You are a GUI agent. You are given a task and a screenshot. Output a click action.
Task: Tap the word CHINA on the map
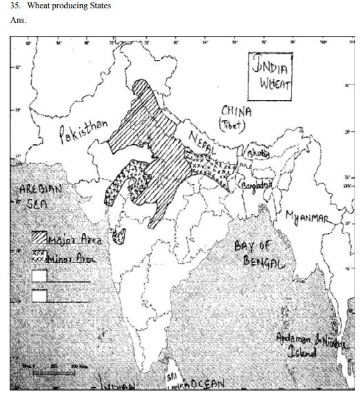tap(237, 111)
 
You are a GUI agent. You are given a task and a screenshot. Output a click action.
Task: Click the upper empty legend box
tap(40, 276)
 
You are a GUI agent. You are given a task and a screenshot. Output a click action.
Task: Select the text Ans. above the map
tap(18, 21)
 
